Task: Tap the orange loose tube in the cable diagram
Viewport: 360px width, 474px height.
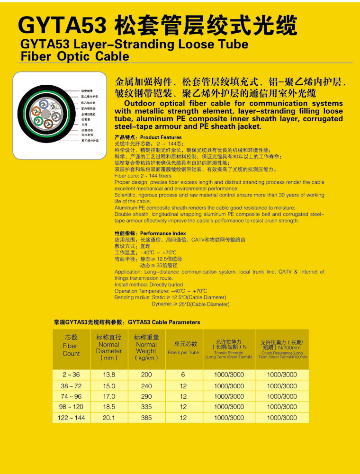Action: tap(36, 111)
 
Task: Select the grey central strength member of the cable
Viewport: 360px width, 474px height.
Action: tap(46, 114)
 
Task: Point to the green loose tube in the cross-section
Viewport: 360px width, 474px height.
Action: tap(38, 121)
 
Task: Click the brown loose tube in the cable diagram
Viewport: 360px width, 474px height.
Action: tap(48, 124)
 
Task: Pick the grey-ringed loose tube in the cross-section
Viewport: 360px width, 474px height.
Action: tap(56, 117)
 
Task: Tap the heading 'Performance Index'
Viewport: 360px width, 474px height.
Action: tap(163, 233)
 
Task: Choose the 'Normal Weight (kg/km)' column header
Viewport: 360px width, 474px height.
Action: tap(146, 348)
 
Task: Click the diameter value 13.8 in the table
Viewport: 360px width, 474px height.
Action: tap(109, 375)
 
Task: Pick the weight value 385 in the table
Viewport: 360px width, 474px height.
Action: tap(146, 418)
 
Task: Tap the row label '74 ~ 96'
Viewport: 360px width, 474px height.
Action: tap(71, 396)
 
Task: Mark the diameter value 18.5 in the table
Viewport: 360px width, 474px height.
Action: tap(109, 407)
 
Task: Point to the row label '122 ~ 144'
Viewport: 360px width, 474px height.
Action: tap(71, 418)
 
